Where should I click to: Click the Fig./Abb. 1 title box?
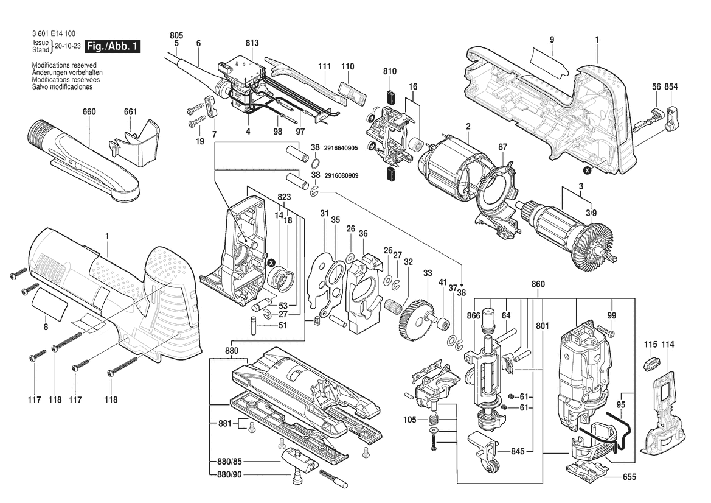113,47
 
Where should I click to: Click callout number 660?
89,112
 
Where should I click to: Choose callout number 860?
538,284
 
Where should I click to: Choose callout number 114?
668,345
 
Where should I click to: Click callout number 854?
671,88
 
